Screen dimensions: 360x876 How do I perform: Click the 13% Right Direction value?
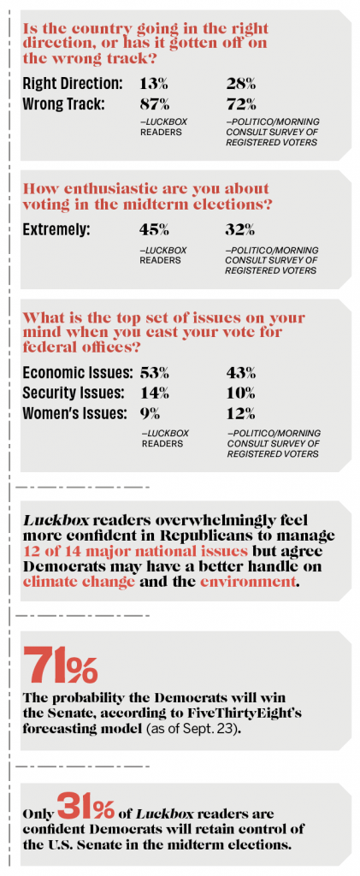click(153, 84)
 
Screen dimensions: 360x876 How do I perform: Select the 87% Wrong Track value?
click(154, 104)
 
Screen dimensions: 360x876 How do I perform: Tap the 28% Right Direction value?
click(240, 84)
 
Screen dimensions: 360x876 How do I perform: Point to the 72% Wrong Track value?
click(240, 104)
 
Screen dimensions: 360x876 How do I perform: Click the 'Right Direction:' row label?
click(73, 85)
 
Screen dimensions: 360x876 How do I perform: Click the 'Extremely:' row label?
click(56, 229)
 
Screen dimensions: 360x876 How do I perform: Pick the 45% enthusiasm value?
click(154, 229)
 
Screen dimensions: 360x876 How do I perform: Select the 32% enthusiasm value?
click(240, 229)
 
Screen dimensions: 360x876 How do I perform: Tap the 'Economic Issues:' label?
click(78, 373)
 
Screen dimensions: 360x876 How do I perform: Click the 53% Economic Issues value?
click(154, 373)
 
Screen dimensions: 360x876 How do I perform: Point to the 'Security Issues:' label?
click(73, 393)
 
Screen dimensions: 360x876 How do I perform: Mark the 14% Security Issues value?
click(154, 393)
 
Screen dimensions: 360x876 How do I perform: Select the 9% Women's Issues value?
click(150, 413)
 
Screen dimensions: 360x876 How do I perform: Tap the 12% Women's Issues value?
click(240, 413)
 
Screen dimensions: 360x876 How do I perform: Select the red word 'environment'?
click(246, 581)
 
